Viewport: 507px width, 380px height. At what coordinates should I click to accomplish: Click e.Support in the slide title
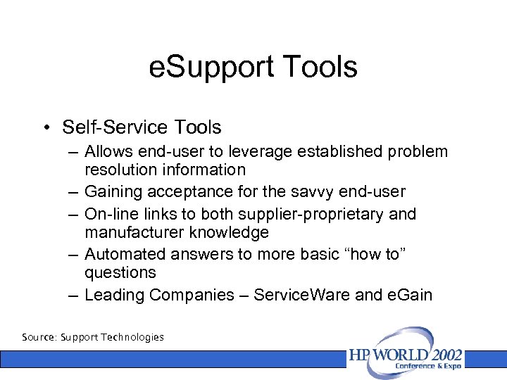tap(205, 68)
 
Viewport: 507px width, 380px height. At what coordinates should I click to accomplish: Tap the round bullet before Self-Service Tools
tap(45, 127)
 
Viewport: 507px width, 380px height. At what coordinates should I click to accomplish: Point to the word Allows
tap(106, 151)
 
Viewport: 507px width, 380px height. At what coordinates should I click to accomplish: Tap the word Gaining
tap(112, 191)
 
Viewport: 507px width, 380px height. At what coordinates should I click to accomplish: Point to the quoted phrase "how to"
tap(373, 254)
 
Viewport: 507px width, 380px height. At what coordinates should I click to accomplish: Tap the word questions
tap(120, 272)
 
